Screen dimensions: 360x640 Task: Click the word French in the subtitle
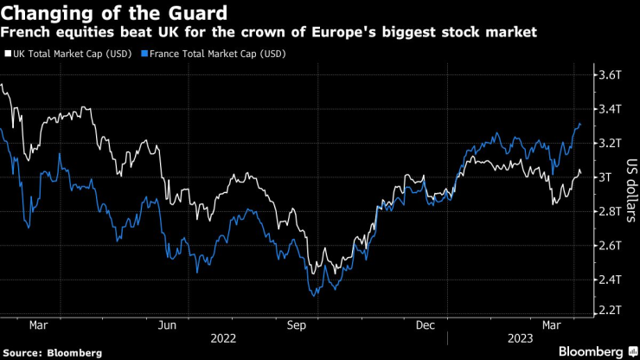pyautogui.click(x=28, y=33)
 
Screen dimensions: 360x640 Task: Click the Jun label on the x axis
pyautogui.click(x=168, y=325)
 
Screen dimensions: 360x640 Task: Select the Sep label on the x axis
pyautogui.click(x=297, y=325)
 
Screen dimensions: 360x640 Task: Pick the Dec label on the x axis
pyautogui.click(x=426, y=325)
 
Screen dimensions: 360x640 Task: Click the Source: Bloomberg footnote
pyautogui.click(x=53, y=352)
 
